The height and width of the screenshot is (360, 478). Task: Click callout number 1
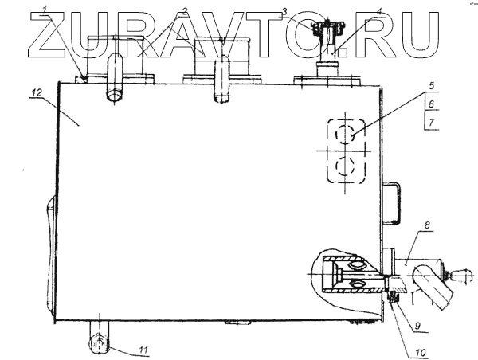[x=45, y=10]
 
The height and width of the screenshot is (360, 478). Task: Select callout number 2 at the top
[x=184, y=11]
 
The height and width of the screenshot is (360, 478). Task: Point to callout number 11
[x=144, y=348]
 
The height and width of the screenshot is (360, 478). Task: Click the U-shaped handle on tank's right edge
[x=392, y=203]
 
